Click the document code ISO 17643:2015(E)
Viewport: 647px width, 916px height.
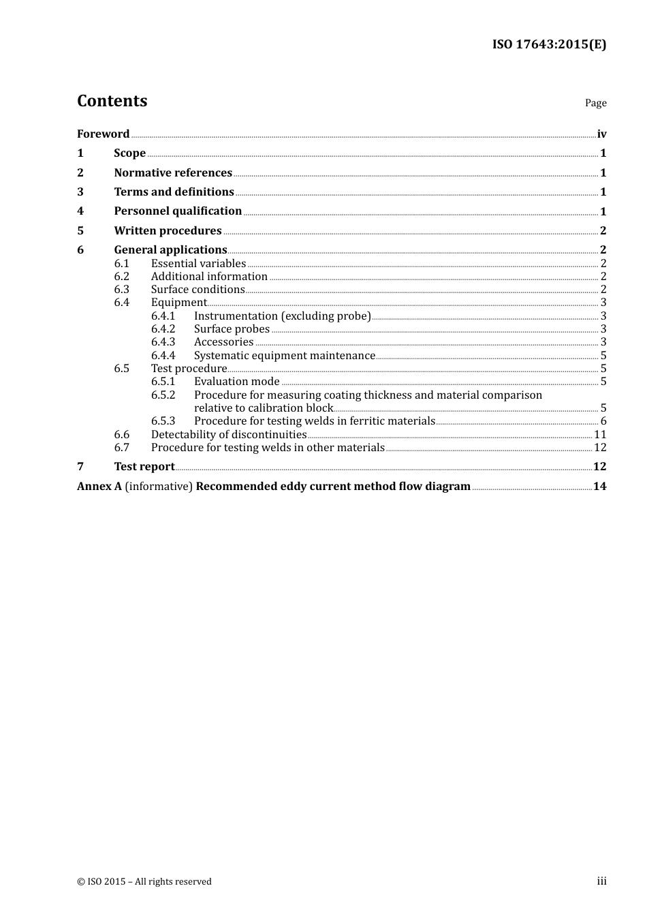click(x=549, y=45)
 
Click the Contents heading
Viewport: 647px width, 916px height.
click(x=112, y=101)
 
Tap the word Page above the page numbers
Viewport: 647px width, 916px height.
click(x=595, y=103)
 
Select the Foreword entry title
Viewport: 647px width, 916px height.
click(x=103, y=134)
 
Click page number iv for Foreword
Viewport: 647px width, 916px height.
click(x=601, y=134)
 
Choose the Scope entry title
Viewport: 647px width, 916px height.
click(x=129, y=153)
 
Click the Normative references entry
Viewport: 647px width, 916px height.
click(x=173, y=173)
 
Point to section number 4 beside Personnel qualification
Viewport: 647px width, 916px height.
click(x=80, y=211)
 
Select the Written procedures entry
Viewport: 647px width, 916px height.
click(x=168, y=231)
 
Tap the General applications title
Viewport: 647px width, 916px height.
click(x=170, y=250)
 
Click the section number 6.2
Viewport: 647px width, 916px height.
click(x=122, y=277)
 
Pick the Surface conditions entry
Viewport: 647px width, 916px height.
click(x=198, y=290)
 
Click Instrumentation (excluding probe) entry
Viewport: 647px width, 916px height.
click(x=282, y=316)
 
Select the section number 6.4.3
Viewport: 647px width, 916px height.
click(x=163, y=342)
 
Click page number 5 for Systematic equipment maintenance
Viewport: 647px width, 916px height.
click(x=603, y=356)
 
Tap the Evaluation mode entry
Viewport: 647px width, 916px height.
click(x=236, y=382)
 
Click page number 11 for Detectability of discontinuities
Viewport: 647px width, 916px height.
click(x=600, y=435)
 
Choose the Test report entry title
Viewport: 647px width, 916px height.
click(x=144, y=467)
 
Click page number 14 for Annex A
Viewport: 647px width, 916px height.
click(x=599, y=487)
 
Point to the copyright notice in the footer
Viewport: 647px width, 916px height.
click(x=144, y=882)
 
